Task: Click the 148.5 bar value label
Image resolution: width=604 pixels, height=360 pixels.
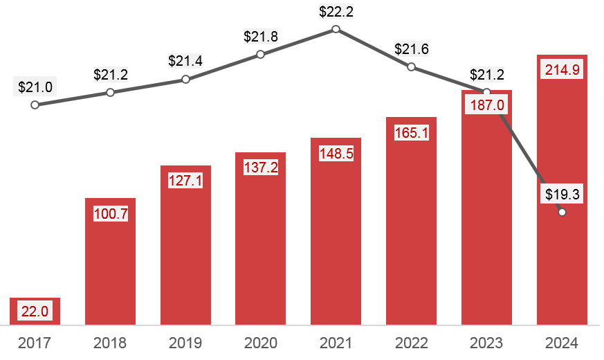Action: tap(336, 153)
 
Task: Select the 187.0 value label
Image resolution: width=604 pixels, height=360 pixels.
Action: tap(486, 105)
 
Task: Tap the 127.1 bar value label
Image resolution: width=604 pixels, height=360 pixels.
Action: tap(185, 181)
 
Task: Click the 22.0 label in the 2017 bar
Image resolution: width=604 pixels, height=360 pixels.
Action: tap(35, 312)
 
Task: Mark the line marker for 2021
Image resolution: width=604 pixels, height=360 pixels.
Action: tap(336, 29)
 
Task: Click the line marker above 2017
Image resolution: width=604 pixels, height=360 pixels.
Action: tap(35, 105)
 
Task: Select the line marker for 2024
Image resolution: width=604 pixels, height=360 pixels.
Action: tap(562, 213)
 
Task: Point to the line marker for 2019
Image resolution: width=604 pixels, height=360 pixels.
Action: tap(185, 80)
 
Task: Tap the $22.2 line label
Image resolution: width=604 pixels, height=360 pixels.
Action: tap(336, 12)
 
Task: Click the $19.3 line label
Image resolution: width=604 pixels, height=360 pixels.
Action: tap(562, 195)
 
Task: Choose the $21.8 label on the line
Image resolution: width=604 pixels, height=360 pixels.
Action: tap(260, 37)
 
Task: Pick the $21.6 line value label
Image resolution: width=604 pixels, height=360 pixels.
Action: tap(411, 49)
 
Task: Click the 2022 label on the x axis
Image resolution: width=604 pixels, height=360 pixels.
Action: tap(411, 343)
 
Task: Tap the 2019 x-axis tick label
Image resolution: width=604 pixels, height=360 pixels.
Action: tap(185, 343)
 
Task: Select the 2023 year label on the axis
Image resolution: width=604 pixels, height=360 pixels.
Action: tap(486, 343)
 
